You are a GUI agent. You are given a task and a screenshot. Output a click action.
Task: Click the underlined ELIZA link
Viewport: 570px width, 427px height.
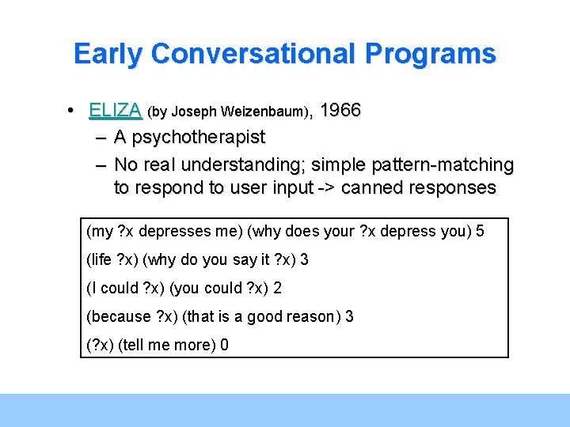point(116,111)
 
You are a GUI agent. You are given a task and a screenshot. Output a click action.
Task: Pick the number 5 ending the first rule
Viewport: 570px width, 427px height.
point(481,231)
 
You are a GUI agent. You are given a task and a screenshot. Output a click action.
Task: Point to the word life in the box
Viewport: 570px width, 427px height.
point(101,259)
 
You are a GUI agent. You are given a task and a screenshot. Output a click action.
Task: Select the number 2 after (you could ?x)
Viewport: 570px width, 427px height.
point(277,288)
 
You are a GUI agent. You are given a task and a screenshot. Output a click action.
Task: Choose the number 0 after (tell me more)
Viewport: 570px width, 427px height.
point(225,345)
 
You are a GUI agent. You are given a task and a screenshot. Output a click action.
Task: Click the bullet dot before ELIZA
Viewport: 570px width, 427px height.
point(72,111)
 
